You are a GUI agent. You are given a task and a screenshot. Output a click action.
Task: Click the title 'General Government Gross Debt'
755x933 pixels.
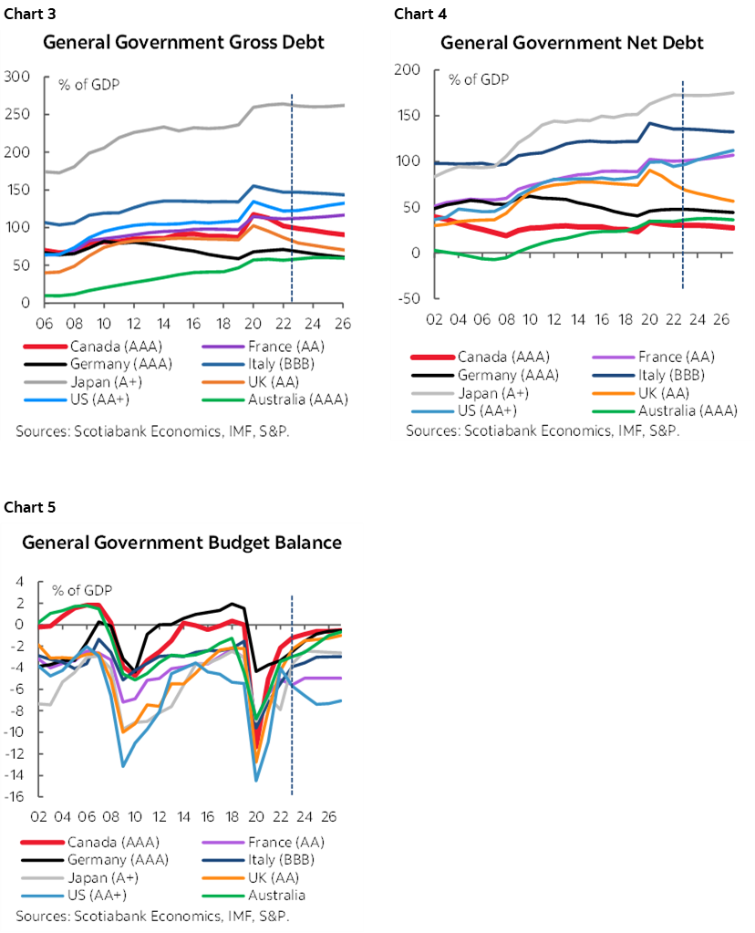coord(183,43)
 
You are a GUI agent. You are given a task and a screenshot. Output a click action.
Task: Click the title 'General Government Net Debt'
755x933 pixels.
coord(572,43)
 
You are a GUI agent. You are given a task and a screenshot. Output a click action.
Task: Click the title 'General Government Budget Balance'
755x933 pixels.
coord(181,543)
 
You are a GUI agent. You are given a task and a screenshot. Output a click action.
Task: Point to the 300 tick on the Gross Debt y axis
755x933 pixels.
coord(18,77)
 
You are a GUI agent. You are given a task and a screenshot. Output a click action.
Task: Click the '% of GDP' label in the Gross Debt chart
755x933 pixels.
coord(89,85)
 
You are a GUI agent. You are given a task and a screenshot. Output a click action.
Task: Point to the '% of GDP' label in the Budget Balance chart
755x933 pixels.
coord(81,590)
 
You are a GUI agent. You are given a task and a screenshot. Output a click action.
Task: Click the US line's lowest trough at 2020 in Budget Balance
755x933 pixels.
coord(256,780)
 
